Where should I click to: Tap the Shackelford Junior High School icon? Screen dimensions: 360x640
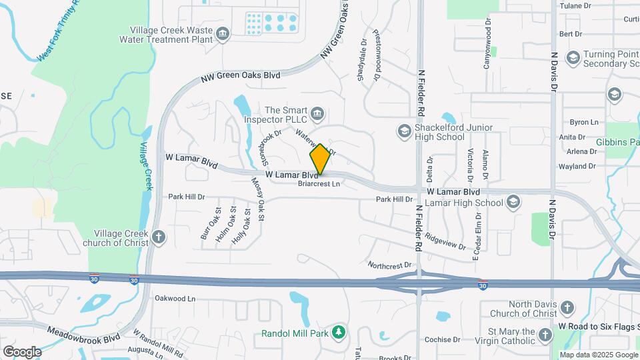pyautogui.click(x=403, y=131)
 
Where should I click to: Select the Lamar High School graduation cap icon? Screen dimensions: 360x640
pyautogui.click(x=513, y=201)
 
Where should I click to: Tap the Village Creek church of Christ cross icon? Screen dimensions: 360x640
pyautogui.click(x=158, y=237)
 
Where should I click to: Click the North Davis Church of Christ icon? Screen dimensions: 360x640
pyautogui.click(x=567, y=308)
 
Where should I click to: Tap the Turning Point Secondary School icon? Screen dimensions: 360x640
pyautogui.click(x=572, y=58)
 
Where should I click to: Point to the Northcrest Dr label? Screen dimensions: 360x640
pyautogui.click(x=390, y=265)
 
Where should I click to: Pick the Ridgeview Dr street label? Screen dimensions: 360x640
pyautogui.click(x=445, y=241)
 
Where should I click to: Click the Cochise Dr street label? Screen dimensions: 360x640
pyautogui.click(x=438, y=339)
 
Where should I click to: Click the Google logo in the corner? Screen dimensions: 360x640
pyautogui.click(x=22, y=351)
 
